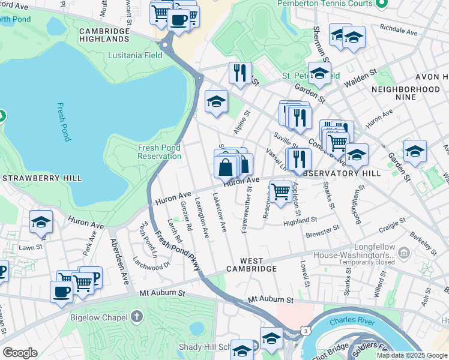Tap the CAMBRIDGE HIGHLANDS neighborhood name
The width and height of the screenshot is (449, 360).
(104, 35)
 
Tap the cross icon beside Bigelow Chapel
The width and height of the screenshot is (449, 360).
(137, 316)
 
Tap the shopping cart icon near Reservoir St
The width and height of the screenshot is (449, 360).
(280, 192)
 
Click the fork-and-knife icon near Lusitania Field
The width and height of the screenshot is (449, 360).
(240, 73)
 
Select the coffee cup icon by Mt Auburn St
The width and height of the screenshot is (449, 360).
(62, 292)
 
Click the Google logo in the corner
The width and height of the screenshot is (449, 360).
(20, 353)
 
